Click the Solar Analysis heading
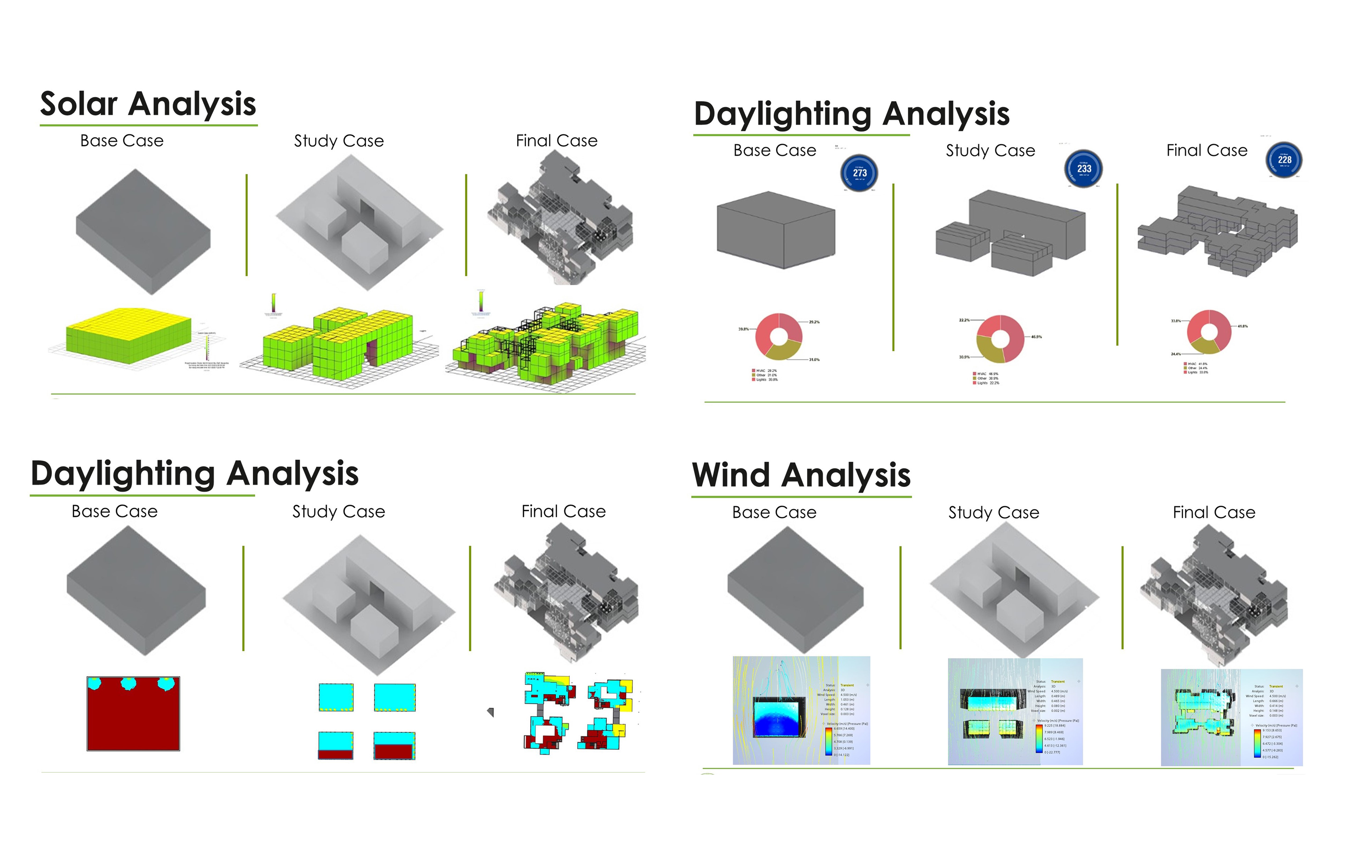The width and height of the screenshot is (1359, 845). (x=148, y=105)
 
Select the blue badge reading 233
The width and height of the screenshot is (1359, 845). (x=1084, y=168)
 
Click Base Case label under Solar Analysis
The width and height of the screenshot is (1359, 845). (x=122, y=141)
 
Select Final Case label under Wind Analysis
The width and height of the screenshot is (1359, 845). (x=1214, y=512)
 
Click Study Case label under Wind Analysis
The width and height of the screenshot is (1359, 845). (x=993, y=512)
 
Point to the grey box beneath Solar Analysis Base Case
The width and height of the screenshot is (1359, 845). (x=143, y=232)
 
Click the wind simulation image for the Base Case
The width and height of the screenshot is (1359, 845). (x=801, y=710)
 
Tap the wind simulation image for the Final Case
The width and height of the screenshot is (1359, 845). (x=1231, y=717)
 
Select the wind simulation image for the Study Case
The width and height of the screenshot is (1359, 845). (x=1015, y=711)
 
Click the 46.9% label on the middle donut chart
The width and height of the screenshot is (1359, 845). (x=1036, y=337)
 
